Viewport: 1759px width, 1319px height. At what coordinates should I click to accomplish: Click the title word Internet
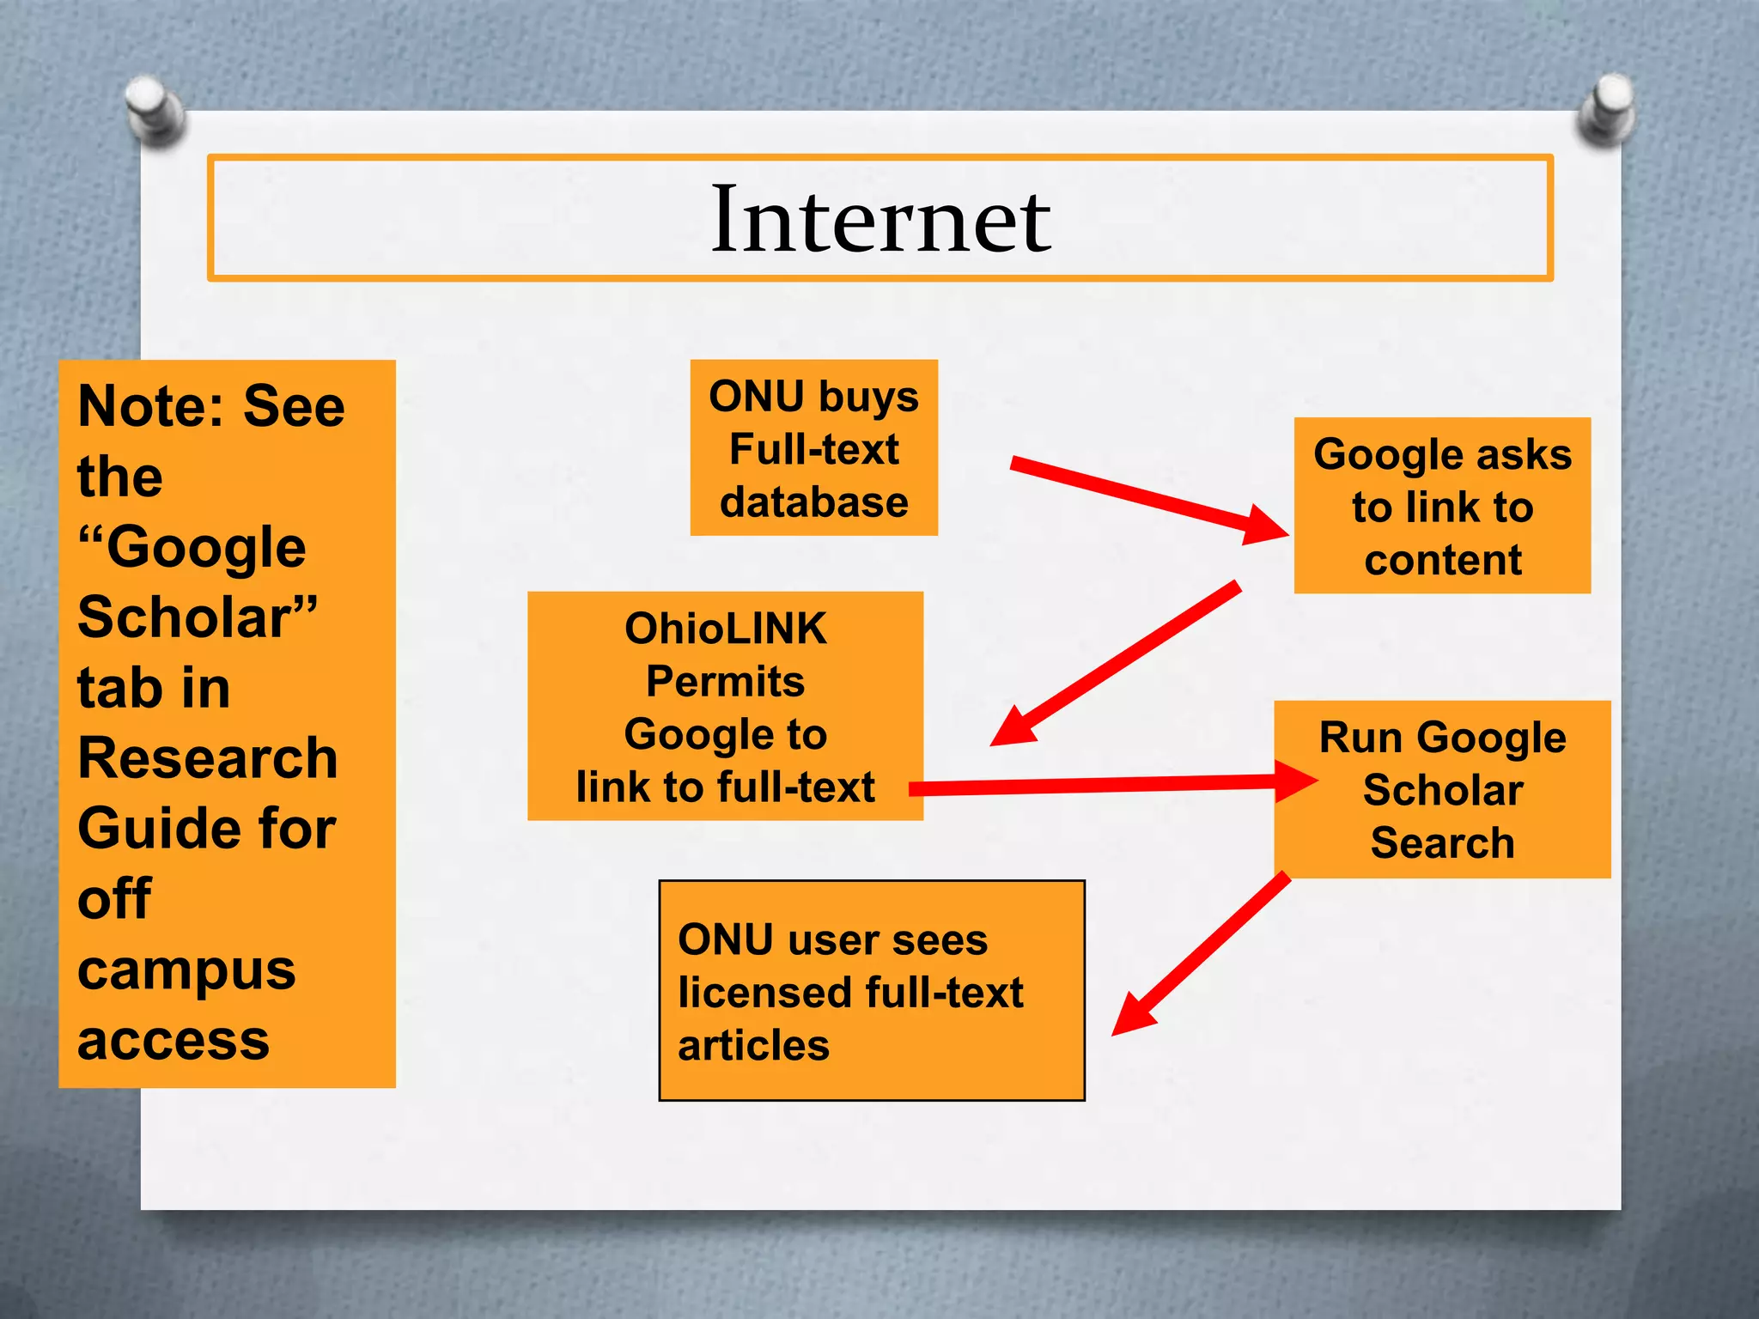[x=880, y=220]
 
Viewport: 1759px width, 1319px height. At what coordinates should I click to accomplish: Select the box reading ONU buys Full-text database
[x=813, y=447]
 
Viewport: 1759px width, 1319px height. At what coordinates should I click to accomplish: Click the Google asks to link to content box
[x=1442, y=506]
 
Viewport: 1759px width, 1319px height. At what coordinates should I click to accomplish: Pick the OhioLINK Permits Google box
[x=725, y=706]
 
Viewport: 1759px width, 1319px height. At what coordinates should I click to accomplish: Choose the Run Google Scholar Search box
[x=1442, y=789]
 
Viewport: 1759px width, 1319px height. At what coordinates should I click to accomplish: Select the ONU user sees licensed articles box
[x=871, y=990]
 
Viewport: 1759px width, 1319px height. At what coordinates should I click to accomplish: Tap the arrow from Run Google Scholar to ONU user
[x=1202, y=953]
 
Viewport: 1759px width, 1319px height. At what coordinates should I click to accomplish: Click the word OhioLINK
[x=725, y=629]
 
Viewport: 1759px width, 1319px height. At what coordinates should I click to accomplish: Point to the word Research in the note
[x=208, y=758]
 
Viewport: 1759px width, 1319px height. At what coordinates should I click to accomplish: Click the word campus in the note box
[x=186, y=972]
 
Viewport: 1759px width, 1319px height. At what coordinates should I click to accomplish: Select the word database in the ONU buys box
[x=813, y=502]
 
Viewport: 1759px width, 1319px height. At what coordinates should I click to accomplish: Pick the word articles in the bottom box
[x=753, y=1045]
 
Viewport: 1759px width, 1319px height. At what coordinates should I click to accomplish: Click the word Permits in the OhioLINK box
[x=725, y=682]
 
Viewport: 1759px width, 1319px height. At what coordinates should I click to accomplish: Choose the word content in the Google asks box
[x=1443, y=560]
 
